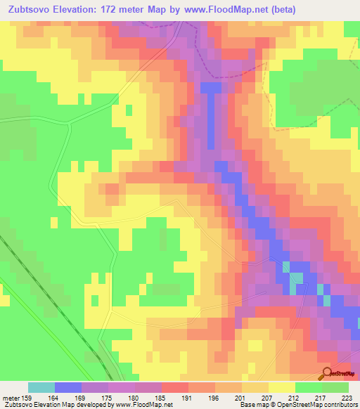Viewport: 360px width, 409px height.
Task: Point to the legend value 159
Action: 22,398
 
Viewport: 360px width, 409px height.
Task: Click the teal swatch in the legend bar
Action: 41,387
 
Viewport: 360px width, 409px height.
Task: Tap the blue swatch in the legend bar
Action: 68,387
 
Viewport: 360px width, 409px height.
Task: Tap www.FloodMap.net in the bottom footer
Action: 141,405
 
